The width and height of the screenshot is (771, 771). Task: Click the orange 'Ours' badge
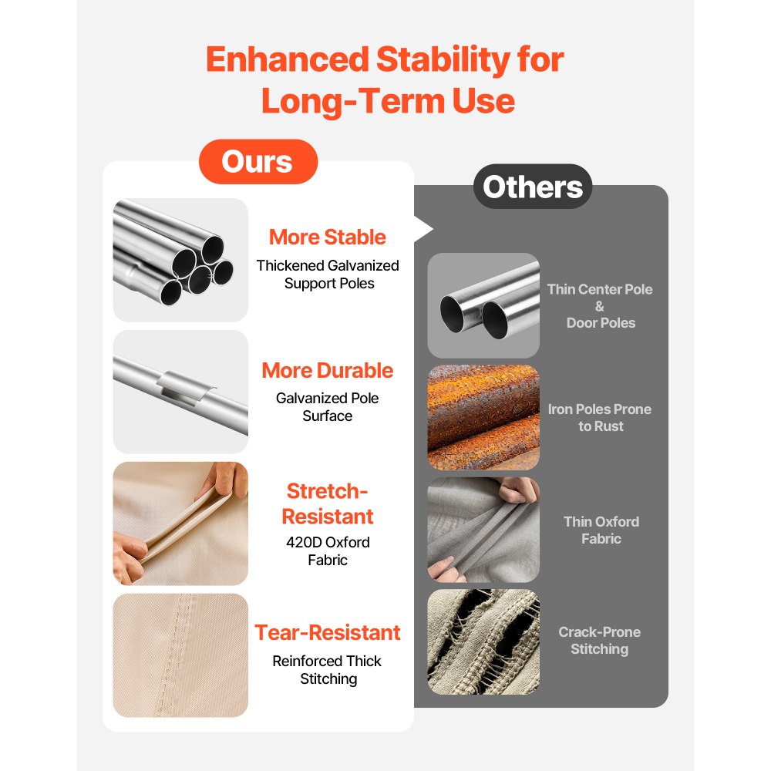258,162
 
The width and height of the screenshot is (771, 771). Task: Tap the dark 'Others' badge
533,187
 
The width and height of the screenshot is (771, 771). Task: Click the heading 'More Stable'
328,237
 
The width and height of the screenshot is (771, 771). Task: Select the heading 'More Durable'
328,370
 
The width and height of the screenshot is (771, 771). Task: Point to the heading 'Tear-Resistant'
328,632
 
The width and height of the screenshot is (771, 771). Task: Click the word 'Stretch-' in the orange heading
328,490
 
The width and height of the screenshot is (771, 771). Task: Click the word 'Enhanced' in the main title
288,59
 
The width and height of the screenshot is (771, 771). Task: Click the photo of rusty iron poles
483,417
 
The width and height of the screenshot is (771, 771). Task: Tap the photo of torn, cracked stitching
483,641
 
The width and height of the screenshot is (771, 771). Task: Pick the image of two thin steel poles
483,305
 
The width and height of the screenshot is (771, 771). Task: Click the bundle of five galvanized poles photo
180,260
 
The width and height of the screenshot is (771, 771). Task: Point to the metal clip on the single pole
184,387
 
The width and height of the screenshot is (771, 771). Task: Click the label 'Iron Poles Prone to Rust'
600,417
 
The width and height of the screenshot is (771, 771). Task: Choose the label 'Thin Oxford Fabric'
601,530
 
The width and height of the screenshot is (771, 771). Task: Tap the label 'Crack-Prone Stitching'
599,640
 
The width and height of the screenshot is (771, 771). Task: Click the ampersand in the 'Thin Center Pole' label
599,306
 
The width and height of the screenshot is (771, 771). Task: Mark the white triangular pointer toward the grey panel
423,229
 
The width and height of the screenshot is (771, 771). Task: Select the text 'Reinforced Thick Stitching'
328,670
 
